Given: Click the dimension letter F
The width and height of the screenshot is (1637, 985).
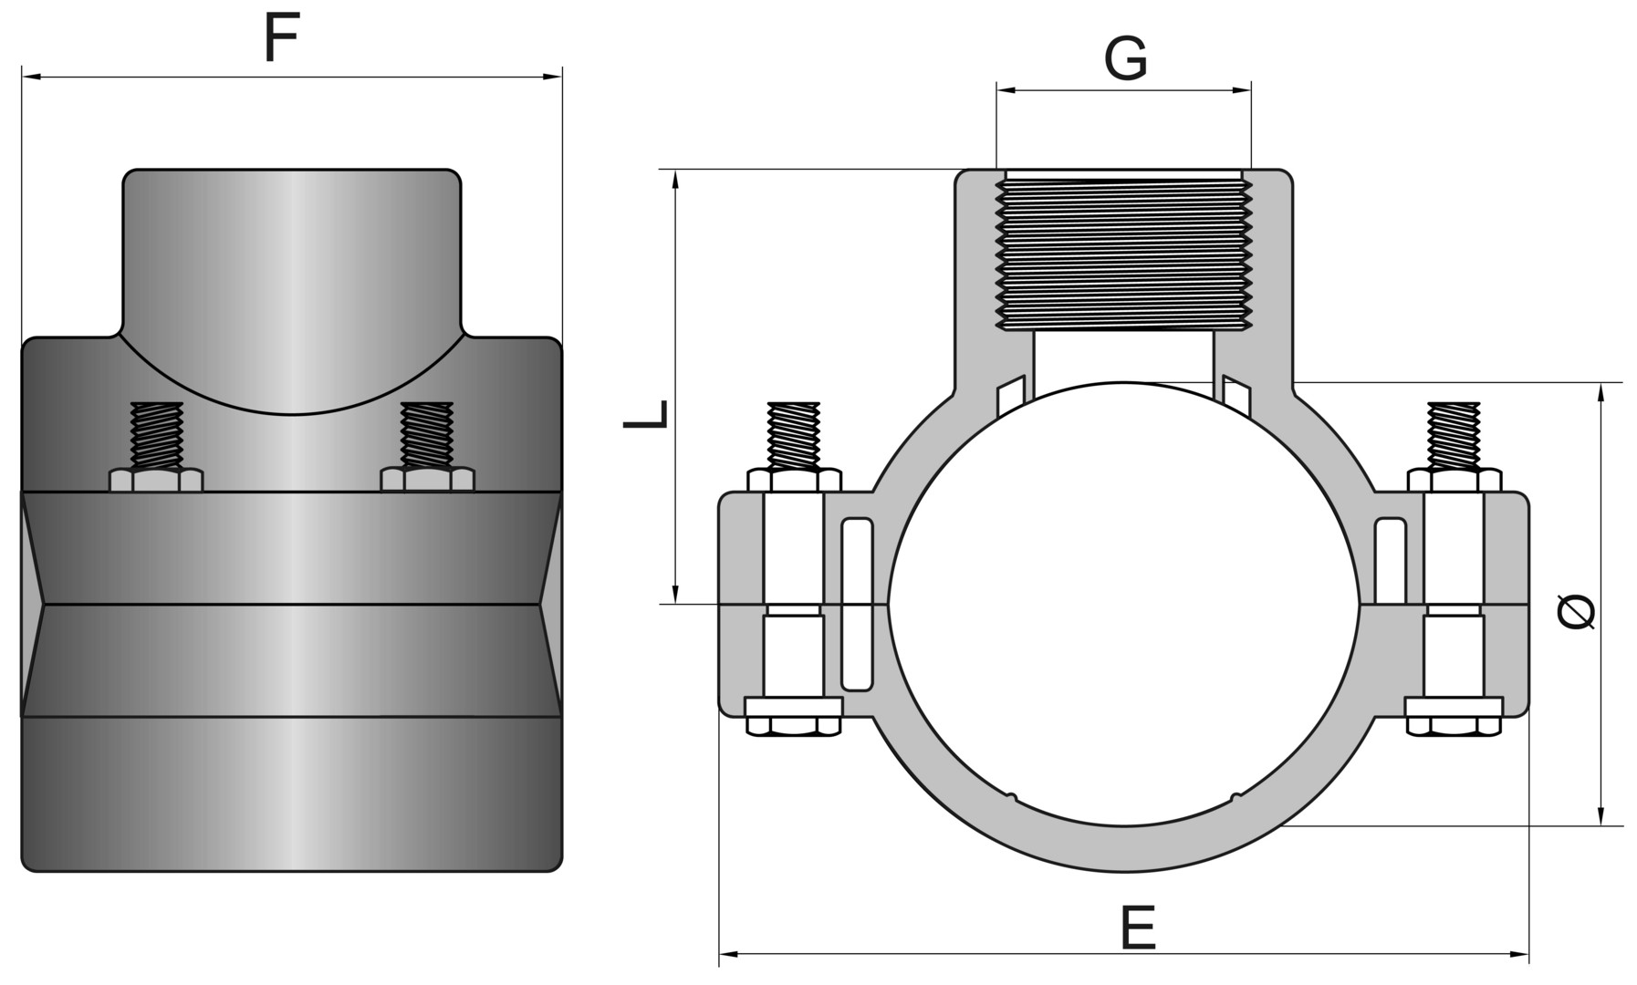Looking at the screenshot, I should tap(282, 39).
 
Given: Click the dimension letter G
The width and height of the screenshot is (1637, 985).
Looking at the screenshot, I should tap(1125, 60).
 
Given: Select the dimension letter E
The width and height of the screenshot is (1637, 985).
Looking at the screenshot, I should tap(1137, 928).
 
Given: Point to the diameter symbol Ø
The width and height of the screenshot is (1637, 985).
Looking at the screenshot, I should tap(1576, 611).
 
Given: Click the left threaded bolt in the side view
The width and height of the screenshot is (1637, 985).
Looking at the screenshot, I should tap(157, 436).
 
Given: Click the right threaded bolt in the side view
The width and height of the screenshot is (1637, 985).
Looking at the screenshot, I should tap(427, 436).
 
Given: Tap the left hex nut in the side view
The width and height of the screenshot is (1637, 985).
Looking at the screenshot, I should tap(156, 480).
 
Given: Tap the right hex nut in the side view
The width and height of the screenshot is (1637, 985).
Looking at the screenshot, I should tap(427, 479).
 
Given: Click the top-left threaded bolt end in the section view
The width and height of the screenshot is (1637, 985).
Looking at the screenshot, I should tap(794, 435).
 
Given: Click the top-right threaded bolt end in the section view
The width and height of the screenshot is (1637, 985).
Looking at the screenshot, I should tap(1454, 435).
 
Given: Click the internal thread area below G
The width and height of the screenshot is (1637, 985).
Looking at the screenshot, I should tap(1124, 254).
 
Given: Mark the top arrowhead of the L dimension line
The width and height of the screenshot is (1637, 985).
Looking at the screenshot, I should tap(675, 179).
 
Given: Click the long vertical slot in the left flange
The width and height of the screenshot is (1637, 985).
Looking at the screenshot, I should tap(856, 604).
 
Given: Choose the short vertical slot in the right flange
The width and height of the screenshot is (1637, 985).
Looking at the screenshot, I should tap(1390, 559).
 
